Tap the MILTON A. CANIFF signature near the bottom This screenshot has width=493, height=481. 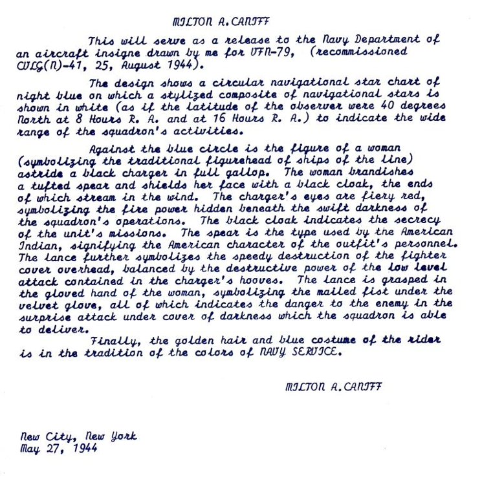point(333,387)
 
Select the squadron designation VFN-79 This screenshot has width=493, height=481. point(267,52)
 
